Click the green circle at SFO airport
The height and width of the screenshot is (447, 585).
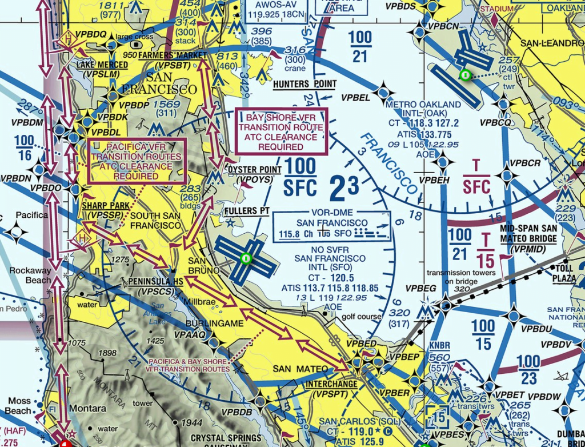[x=246, y=258]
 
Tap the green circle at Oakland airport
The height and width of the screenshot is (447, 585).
[x=465, y=74]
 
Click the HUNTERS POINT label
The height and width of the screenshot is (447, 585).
[x=304, y=84]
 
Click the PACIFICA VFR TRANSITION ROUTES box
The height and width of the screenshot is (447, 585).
[x=136, y=161]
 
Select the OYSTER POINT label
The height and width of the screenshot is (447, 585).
[x=254, y=170]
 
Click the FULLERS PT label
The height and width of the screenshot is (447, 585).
[x=247, y=211]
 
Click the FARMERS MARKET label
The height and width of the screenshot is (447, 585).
[x=164, y=55]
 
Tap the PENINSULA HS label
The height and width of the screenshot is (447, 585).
[x=156, y=282]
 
